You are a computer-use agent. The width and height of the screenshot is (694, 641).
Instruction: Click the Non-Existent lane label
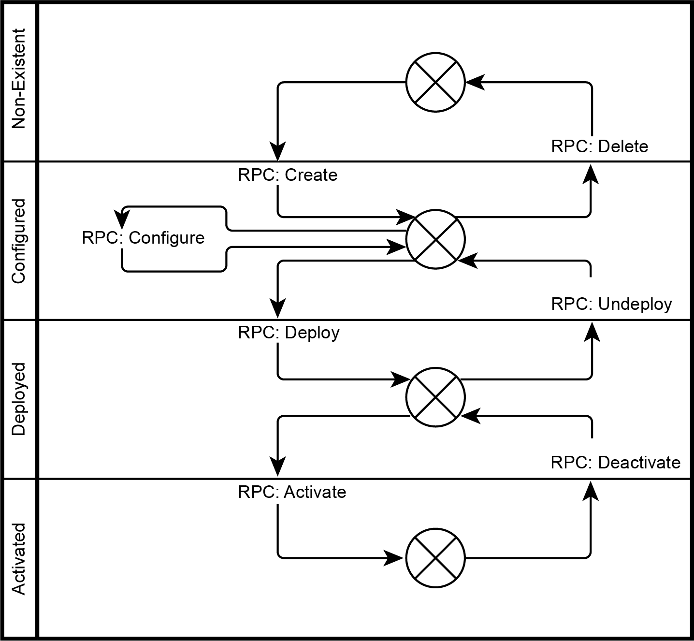tap(19, 79)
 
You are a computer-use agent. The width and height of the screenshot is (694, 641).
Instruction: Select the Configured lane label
tap(19, 241)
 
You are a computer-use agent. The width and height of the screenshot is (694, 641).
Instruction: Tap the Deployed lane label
tap(19, 399)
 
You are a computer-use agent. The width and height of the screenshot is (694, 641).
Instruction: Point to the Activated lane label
tap(19, 559)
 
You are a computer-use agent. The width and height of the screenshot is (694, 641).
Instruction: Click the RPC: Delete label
tap(600, 146)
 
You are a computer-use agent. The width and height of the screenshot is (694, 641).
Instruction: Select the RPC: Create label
tap(288, 175)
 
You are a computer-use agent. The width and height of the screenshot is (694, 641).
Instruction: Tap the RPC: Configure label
tap(143, 238)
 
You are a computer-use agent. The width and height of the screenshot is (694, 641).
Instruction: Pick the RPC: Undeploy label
tap(611, 304)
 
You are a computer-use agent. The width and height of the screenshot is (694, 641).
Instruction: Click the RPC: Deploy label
tap(289, 333)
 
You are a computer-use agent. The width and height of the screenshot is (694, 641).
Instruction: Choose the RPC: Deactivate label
tap(616, 463)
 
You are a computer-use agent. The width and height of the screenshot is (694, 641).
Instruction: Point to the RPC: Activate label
tap(292, 493)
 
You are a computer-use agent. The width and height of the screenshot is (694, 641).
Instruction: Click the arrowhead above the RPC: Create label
tap(278, 151)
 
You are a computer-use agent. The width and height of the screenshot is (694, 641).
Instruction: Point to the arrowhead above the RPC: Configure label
tap(121, 219)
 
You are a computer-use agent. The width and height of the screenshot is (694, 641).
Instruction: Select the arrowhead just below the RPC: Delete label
tap(591, 174)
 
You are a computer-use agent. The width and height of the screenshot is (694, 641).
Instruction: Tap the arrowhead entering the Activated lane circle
tap(394, 558)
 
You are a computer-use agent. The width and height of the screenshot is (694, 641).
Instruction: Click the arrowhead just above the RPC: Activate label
tap(278, 466)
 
